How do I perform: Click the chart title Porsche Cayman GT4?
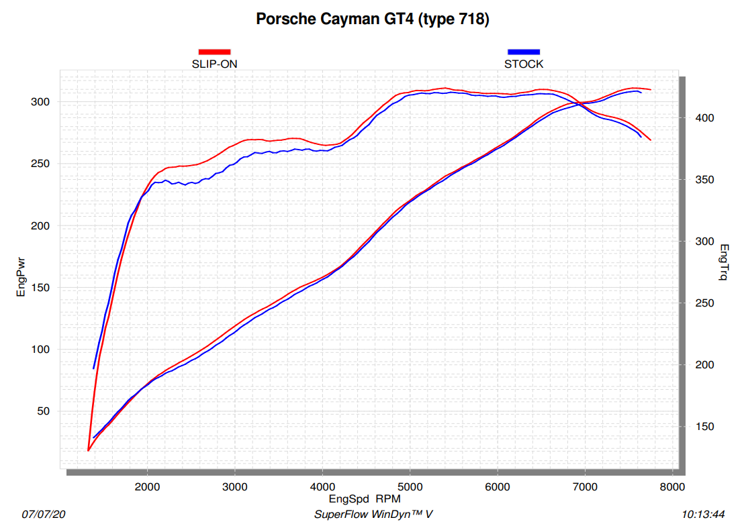[x=373, y=19]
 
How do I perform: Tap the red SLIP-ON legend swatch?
[x=214, y=52]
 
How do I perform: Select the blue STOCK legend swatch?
[x=524, y=52]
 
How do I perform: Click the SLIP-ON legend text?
[x=214, y=64]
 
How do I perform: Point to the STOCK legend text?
[x=524, y=64]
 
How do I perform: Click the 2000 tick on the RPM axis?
[x=148, y=487]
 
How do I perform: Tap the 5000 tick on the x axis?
[x=410, y=487]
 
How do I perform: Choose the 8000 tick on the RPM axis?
[x=672, y=487]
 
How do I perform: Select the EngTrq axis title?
[x=724, y=262]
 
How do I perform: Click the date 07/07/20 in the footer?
[x=44, y=515]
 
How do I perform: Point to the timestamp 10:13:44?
[x=703, y=515]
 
